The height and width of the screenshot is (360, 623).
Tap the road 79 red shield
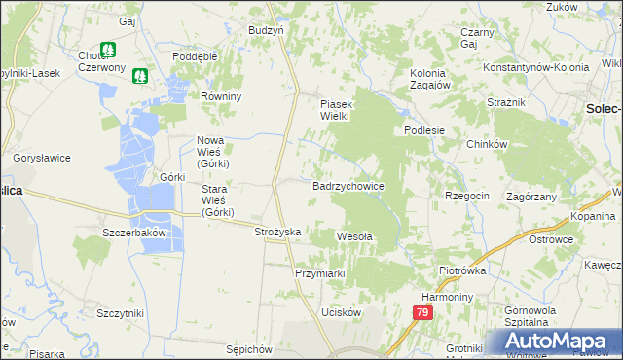(421, 312)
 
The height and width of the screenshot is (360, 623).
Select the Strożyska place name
(277, 232)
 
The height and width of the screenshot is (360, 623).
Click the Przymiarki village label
(321, 273)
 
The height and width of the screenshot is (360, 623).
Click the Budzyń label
(266, 30)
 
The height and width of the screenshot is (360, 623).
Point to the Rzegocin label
(467, 196)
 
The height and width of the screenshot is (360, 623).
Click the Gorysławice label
(38, 157)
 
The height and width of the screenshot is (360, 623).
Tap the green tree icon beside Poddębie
(142, 74)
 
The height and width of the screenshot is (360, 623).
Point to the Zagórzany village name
(531, 196)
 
